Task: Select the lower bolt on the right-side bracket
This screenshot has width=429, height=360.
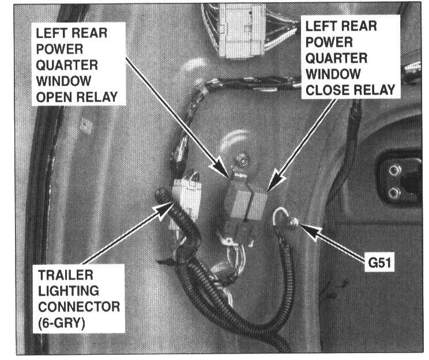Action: (x=394, y=192)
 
